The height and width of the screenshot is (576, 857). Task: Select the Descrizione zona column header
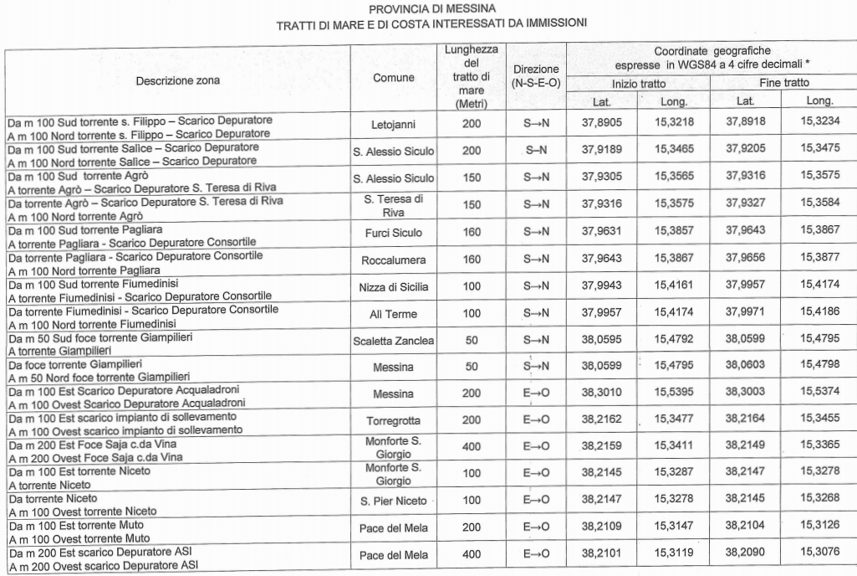[x=179, y=81]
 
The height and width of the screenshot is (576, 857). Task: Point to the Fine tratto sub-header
[x=784, y=84]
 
